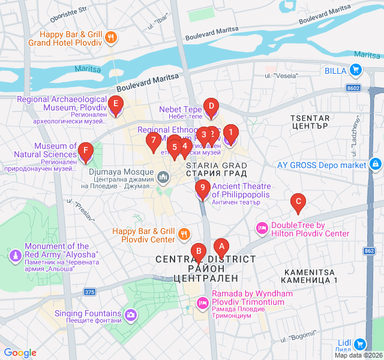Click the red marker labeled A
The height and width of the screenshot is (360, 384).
[x=221, y=246]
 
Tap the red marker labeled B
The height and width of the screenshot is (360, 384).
[x=198, y=251]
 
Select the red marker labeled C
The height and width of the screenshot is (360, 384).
[x=297, y=202]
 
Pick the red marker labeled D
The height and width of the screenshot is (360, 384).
[x=211, y=107]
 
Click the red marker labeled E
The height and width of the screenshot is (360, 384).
[x=116, y=104]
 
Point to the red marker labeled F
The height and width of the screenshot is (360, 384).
[x=86, y=151]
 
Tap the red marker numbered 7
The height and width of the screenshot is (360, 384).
[x=153, y=142]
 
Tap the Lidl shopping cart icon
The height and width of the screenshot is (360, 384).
[x=359, y=344]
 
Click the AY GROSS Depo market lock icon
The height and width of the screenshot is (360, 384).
[x=375, y=163]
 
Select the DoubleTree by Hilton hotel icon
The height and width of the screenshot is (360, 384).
[x=262, y=228]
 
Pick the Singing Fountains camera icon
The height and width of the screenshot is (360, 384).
[x=131, y=314]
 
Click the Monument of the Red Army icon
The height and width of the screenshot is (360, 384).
[x=15, y=256]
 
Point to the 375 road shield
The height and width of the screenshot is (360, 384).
[x=89, y=292]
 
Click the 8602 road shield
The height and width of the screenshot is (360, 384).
[x=353, y=88]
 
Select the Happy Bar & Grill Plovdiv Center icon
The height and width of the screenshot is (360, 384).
[x=184, y=235]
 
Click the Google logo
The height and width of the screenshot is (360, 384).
[x=20, y=353]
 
